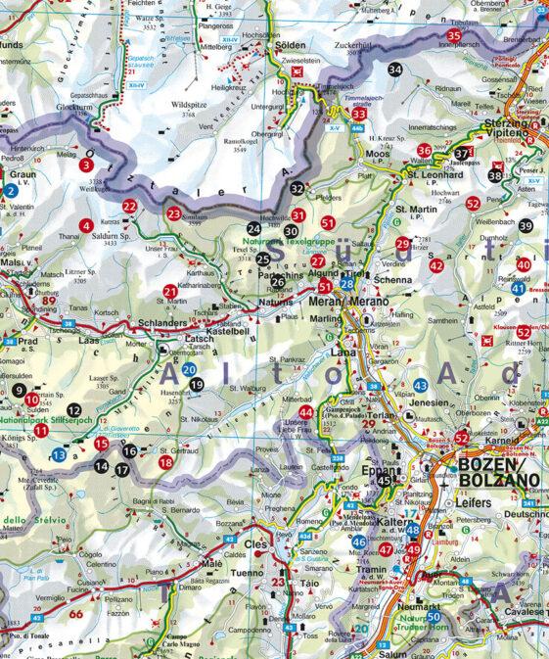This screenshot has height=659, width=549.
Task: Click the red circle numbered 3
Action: click(x=87, y=165)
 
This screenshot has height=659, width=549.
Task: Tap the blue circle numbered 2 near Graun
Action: click(x=10, y=190)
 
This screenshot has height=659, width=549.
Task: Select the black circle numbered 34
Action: click(x=394, y=70)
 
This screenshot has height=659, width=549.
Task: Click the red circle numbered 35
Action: click(x=453, y=36)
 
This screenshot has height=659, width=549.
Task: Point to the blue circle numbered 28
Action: click(x=347, y=284)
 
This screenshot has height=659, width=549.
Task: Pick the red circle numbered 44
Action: click(x=306, y=412)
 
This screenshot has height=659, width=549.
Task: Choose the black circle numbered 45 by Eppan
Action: click(x=386, y=481)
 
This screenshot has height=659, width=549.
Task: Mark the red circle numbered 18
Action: click(x=165, y=461)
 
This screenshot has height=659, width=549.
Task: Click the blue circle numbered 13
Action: click(x=60, y=454)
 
